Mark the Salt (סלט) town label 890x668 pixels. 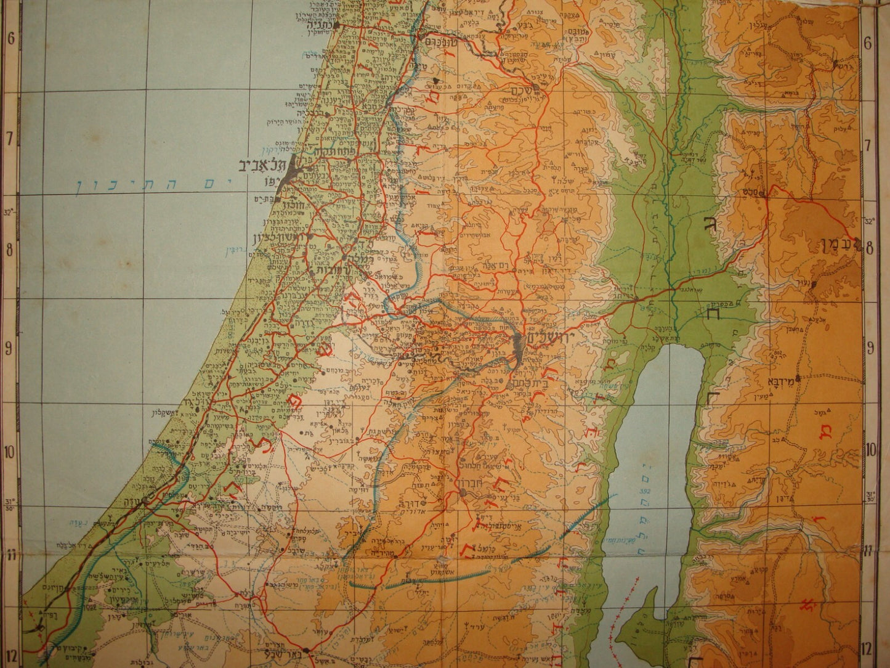(773, 193)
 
